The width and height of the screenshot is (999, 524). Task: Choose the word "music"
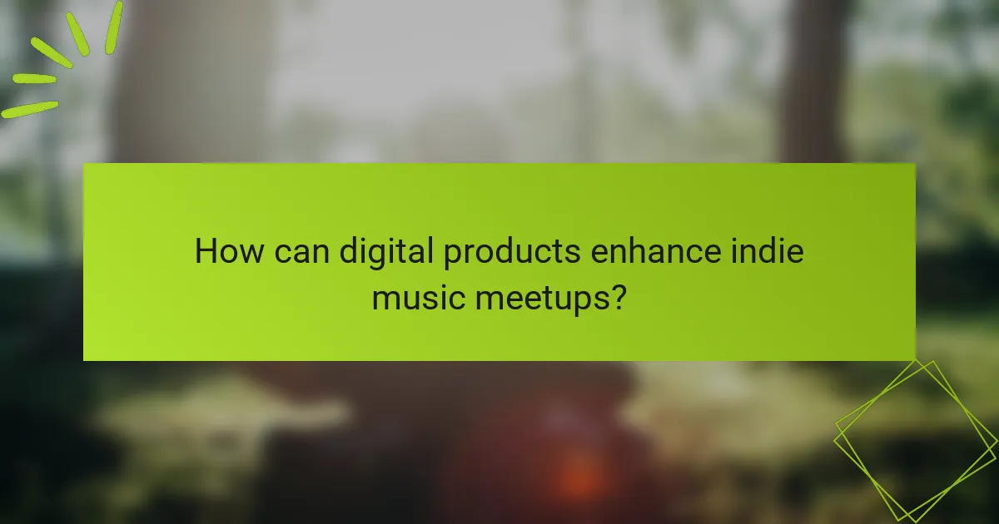(x=419, y=296)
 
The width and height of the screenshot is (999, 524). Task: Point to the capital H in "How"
(x=206, y=251)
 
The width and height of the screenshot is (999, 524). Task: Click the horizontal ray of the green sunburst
(x=34, y=79)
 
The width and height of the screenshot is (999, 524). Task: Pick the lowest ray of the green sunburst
(x=30, y=108)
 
